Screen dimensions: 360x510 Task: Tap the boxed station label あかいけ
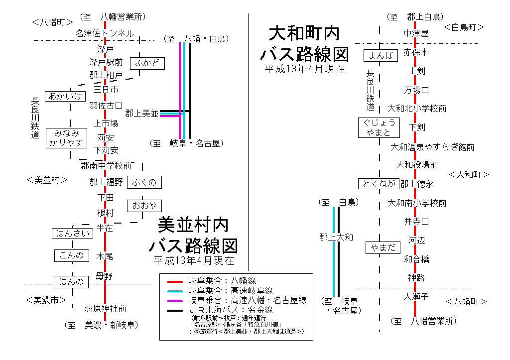pos(65,96)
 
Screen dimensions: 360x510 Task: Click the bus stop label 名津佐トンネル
pos(105,33)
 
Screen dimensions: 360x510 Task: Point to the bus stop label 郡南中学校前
pos(107,165)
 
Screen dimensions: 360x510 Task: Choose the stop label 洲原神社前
pos(105,309)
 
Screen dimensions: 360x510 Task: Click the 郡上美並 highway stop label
pos(141,113)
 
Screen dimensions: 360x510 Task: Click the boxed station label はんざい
pos(73,233)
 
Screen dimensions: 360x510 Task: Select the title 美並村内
pos(193,225)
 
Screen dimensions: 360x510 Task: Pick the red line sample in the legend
pos(175,281)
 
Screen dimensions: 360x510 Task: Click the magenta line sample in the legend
pos(175,300)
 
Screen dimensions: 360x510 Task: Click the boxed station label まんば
pos(381,55)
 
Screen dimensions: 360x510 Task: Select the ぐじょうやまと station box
pos(379,127)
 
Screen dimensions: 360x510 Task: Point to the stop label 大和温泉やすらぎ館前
pos(432,147)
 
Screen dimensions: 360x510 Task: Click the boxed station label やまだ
pos(383,247)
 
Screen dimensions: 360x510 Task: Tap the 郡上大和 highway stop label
pos(336,238)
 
